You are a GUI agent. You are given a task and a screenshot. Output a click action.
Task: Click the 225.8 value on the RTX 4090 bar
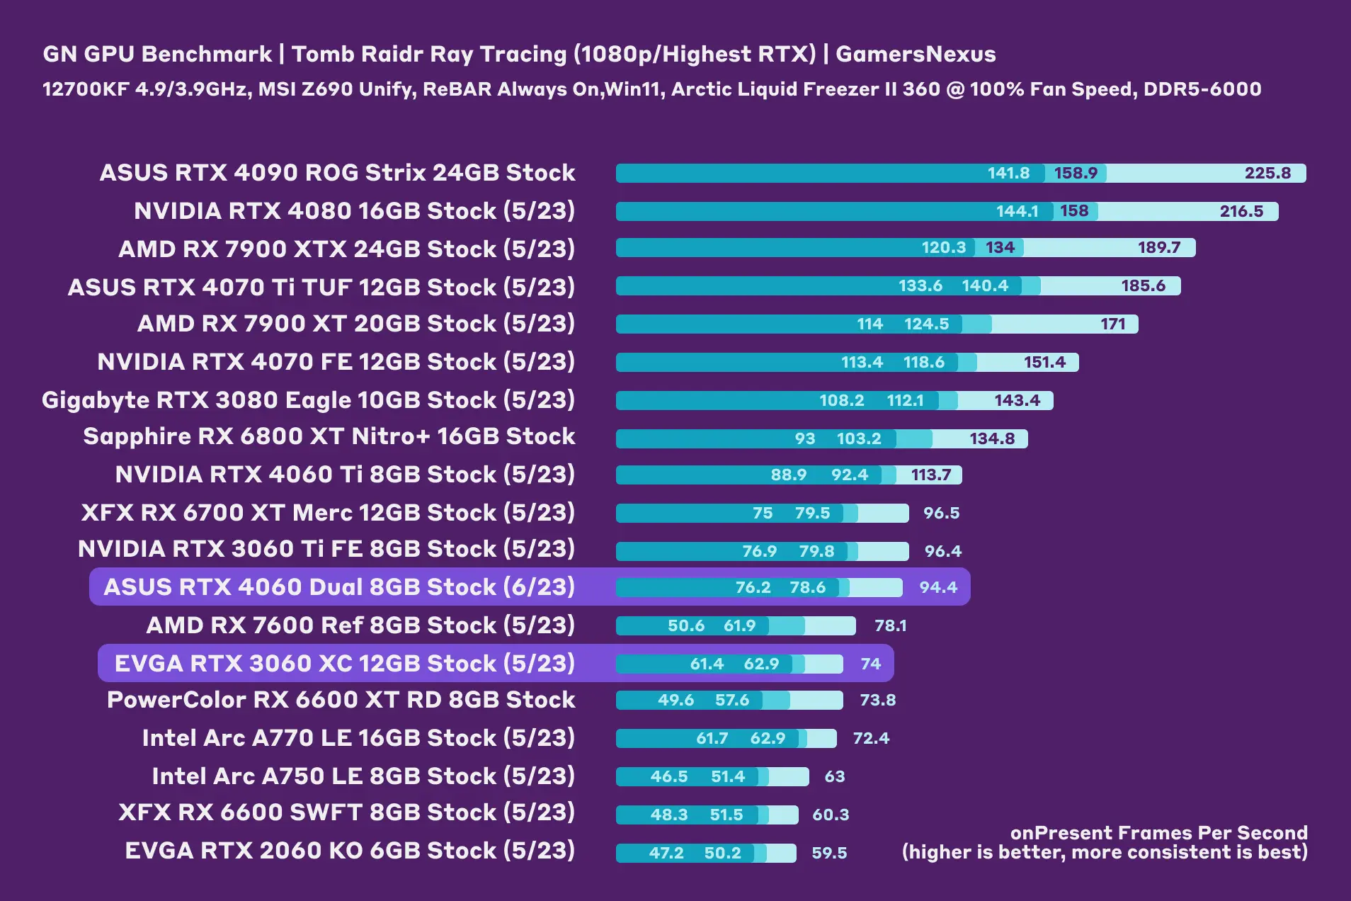coord(1267,173)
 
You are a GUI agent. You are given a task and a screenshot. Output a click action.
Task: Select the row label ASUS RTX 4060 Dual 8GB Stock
coord(339,587)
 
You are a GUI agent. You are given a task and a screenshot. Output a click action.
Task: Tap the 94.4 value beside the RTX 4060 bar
coord(937,587)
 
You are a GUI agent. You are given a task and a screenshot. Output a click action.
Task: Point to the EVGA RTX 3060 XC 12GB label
coord(345,664)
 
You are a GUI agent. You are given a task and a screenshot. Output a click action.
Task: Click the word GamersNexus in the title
coord(916,55)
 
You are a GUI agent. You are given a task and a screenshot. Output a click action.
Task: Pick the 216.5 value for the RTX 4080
coord(1241,211)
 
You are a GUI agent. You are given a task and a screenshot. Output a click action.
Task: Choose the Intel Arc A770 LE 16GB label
coord(358,738)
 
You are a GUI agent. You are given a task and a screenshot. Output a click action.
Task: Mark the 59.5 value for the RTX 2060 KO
coord(829,853)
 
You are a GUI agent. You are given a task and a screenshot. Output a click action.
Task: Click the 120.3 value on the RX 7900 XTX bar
coord(943,247)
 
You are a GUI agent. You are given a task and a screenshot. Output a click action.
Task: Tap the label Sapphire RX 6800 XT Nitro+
coord(329,436)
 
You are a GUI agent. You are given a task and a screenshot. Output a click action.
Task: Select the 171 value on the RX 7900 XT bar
coord(1112,324)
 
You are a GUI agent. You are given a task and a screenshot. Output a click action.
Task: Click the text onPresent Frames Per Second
coord(1158,833)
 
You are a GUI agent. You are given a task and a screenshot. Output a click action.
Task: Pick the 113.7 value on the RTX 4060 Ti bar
coord(930,475)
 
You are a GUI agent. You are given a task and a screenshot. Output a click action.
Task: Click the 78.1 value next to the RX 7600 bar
coord(890,625)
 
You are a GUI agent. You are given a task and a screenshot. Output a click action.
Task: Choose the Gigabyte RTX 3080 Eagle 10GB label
coord(308,400)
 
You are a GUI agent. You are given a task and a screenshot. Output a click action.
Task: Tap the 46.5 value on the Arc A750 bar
coord(668,776)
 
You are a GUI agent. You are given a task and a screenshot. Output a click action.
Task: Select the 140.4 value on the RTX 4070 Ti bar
coord(984,285)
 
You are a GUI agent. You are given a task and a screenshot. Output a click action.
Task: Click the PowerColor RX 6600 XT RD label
coord(341,700)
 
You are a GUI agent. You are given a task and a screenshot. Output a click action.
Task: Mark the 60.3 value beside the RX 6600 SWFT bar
coord(831,815)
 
